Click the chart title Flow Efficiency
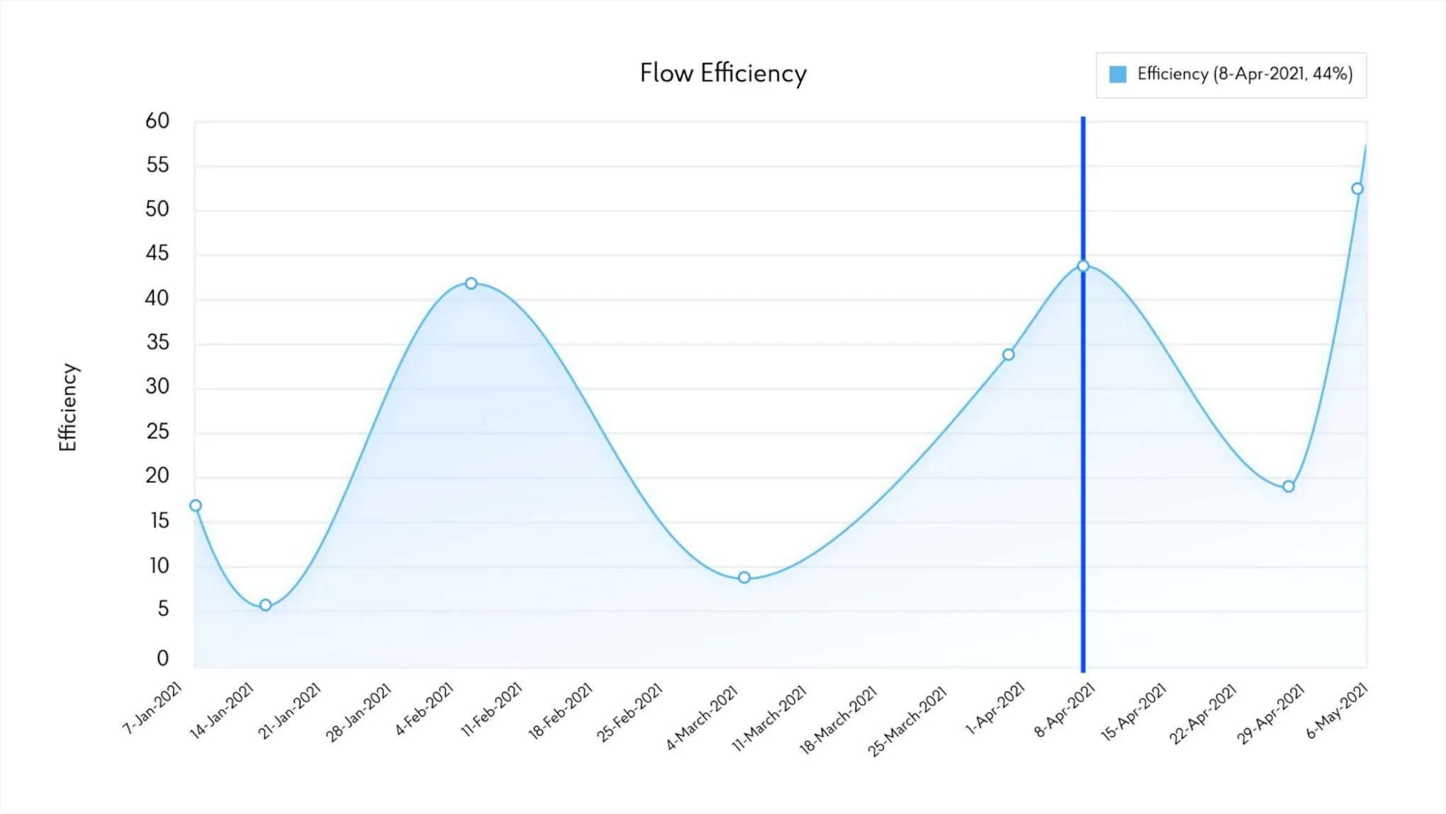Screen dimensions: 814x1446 pyautogui.click(x=723, y=74)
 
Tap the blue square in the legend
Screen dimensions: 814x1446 pyautogui.click(x=1117, y=74)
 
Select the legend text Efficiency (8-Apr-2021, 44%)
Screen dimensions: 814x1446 pyautogui.click(x=1245, y=74)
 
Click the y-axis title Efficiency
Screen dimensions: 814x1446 pyautogui.click(x=68, y=407)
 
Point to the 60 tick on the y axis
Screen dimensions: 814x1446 pyautogui.click(x=157, y=121)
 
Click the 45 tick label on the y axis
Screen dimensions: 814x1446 pyautogui.click(x=157, y=253)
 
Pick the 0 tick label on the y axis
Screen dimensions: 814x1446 pyautogui.click(x=162, y=658)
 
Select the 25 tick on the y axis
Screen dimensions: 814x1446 pyautogui.click(x=157, y=431)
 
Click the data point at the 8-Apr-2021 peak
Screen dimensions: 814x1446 pyautogui.click(x=1083, y=266)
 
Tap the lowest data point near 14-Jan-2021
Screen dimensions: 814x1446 pyautogui.click(x=265, y=605)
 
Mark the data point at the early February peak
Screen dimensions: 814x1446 pyautogui.click(x=471, y=284)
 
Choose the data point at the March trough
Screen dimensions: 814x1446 pyautogui.click(x=744, y=578)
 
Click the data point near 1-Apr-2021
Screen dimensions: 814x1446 pyautogui.click(x=1008, y=355)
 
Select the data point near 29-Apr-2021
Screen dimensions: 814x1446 pyautogui.click(x=1289, y=486)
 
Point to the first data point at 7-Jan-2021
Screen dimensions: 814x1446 pyautogui.click(x=196, y=506)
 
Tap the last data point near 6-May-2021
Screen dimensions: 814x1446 pyautogui.click(x=1357, y=189)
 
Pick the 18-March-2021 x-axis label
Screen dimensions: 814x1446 pyautogui.click(x=839, y=719)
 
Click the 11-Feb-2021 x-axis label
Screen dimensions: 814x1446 pyautogui.click(x=491, y=709)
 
